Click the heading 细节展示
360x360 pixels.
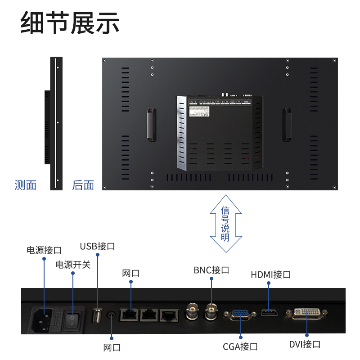coord(70,24)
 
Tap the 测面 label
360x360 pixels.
coord(26,185)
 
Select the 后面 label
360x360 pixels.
coord(83,185)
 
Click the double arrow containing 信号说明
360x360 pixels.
coord(225,223)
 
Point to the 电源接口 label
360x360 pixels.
coord(44,250)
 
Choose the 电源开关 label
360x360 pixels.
coord(73,265)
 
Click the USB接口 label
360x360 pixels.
coord(98,247)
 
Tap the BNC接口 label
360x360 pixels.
coord(211,270)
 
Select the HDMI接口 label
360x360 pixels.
coord(271,274)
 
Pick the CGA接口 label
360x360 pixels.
coord(240,346)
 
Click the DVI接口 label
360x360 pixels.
coord(305,345)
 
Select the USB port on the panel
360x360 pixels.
coord(97,316)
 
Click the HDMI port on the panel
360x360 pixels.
coord(269,313)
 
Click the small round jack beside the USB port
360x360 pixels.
coord(111,315)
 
